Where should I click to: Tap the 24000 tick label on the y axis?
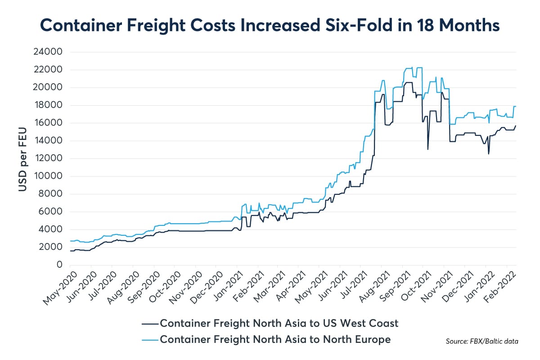coord(47,52)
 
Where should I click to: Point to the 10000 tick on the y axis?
coord(47,176)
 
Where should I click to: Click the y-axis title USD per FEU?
coord(23,158)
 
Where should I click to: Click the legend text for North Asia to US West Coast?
coord(279,323)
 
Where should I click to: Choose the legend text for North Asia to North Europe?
coord(275,339)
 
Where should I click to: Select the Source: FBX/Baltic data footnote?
coord(482,342)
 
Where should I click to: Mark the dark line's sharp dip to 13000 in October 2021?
coord(427,149)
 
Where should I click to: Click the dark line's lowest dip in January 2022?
coord(489,154)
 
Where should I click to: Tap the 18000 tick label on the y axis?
coord(47,105)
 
